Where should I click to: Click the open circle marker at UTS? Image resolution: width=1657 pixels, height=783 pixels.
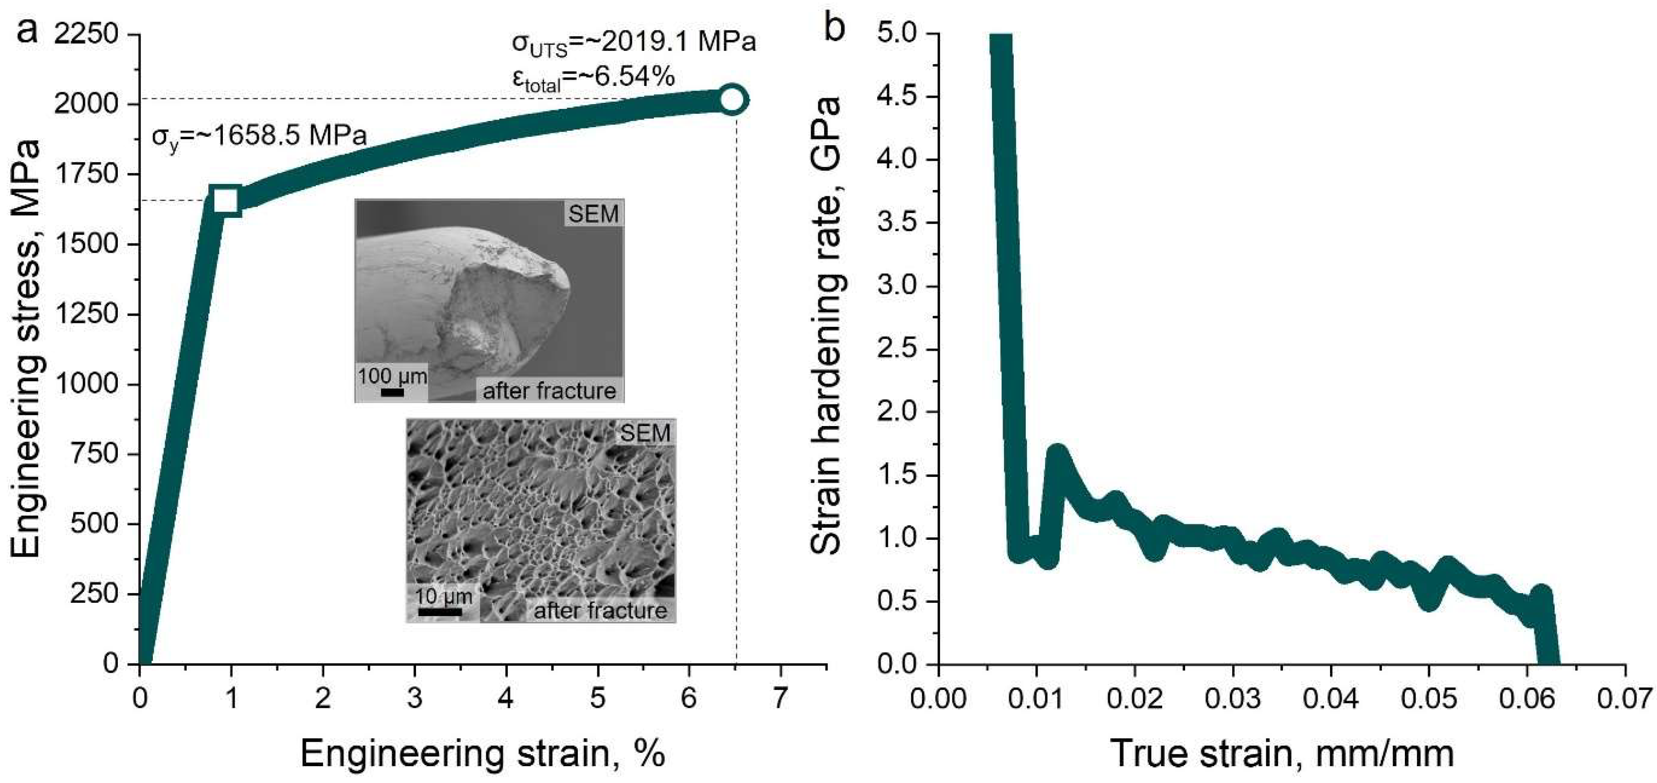[733, 100]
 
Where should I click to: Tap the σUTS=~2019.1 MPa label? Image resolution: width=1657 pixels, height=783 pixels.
[634, 43]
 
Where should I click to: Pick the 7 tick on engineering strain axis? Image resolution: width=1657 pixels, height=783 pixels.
[780, 698]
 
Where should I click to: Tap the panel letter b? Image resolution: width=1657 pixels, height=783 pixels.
[834, 28]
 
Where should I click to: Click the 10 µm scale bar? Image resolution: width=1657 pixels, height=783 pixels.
[440, 611]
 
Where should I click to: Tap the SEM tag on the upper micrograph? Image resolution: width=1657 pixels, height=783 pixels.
[593, 213]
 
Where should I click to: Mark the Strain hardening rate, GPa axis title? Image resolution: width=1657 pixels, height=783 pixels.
[826, 325]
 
